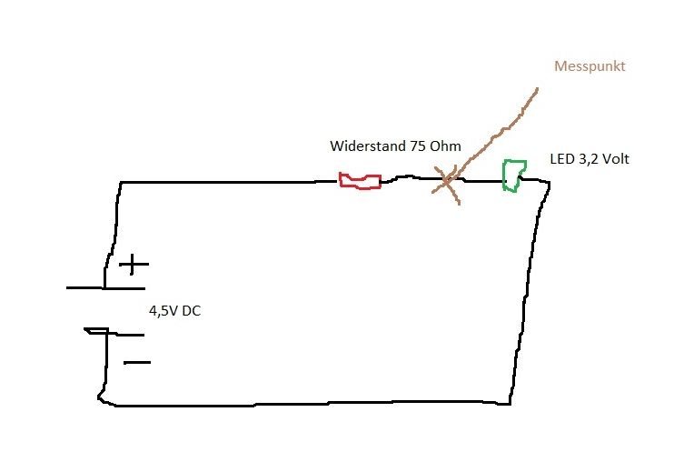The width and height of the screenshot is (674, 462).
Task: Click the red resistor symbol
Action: [x=360, y=180]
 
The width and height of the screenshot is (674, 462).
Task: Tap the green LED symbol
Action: [x=514, y=174]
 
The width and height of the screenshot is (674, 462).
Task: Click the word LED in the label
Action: [x=560, y=159]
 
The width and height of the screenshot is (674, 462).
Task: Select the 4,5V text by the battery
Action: [x=164, y=311]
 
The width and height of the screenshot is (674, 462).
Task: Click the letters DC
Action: [x=192, y=311]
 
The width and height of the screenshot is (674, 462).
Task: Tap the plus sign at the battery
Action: [x=134, y=265]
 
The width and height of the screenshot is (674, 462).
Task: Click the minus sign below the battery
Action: [x=136, y=363]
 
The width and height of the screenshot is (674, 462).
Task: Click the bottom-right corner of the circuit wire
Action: [x=513, y=401]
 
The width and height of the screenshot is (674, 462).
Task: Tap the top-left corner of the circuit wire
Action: [x=120, y=184]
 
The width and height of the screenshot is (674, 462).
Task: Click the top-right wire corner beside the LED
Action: [x=547, y=182]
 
